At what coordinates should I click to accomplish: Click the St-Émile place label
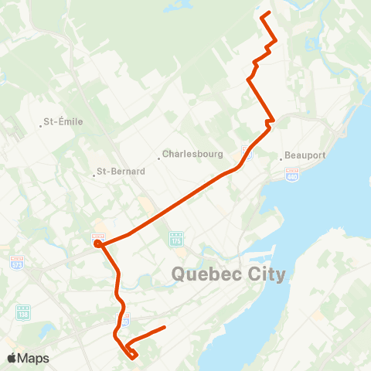pos(63,121)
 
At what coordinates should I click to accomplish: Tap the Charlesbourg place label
pos(192,154)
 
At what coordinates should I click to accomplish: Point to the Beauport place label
pos(305,155)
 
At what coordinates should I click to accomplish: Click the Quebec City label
pos(228,274)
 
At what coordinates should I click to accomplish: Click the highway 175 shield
pos(175,240)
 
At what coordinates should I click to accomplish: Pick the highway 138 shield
pos(23,312)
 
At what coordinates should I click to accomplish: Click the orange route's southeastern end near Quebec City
pos(165,328)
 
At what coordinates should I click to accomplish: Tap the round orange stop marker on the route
pos(97,244)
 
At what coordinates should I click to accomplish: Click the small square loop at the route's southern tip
pos(133,354)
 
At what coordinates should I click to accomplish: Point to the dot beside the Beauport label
pos(281,155)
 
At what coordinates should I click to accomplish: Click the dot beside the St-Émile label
pos(41,122)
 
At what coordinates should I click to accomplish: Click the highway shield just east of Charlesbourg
pos(247,148)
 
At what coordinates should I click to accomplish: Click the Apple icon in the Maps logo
pos(12,357)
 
